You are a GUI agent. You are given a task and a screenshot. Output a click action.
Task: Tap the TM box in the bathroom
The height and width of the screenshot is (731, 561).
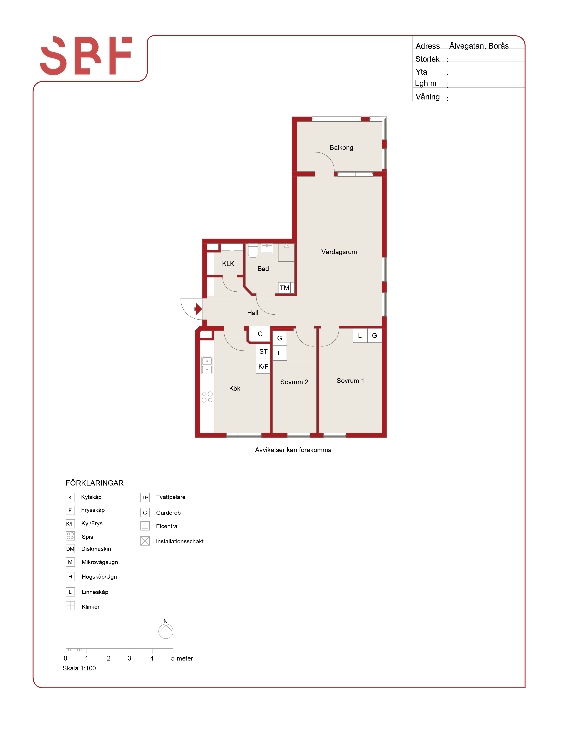click(x=284, y=288)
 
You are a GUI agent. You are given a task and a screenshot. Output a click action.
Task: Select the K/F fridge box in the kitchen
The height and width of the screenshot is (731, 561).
click(x=263, y=366)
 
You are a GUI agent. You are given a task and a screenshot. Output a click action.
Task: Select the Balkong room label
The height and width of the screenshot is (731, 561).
click(x=341, y=148)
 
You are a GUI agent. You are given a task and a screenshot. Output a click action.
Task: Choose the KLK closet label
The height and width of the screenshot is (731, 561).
click(x=228, y=264)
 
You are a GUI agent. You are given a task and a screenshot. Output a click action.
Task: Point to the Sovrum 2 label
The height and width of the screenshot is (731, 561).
click(x=294, y=382)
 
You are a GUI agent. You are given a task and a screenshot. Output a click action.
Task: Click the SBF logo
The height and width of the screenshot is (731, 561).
click(x=86, y=56)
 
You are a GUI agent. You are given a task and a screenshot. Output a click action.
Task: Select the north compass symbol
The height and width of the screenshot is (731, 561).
click(x=166, y=631)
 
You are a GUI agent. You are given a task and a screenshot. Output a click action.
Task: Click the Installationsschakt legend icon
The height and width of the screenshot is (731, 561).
click(x=145, y=541)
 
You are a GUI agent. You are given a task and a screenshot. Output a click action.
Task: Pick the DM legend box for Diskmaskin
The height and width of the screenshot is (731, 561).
click(x=70, y=549)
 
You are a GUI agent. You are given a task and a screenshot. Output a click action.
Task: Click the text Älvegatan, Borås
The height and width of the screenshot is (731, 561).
click(x=479, y=46)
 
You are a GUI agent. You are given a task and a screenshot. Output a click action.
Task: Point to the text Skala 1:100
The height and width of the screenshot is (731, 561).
click(x=79, y=668)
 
